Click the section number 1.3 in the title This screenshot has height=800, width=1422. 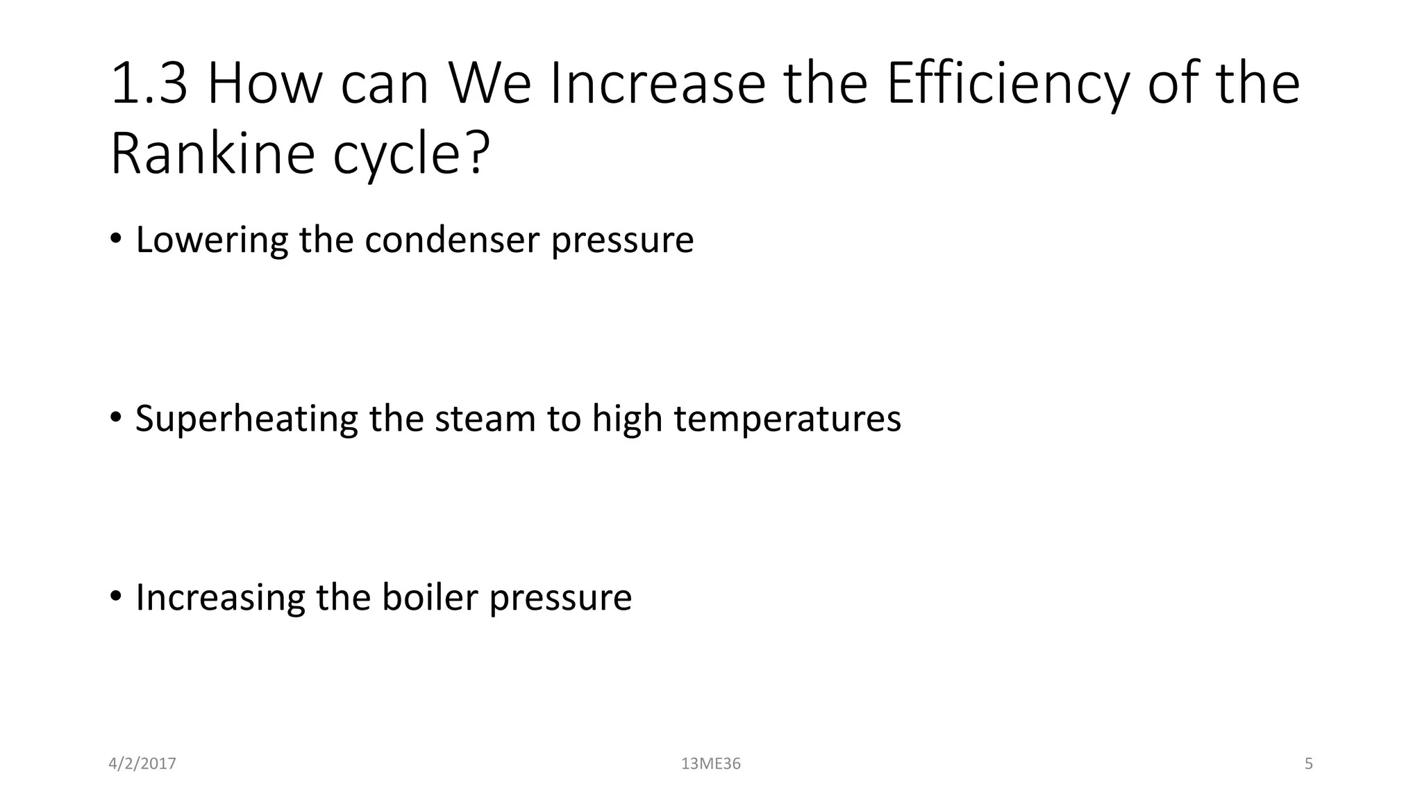149,84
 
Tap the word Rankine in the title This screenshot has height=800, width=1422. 212,153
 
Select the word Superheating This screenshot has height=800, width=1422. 246,419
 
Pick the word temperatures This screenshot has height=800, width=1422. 787,419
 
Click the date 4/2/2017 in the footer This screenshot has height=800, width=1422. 142,764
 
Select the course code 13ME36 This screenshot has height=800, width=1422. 711,764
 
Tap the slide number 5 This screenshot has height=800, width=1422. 1309,764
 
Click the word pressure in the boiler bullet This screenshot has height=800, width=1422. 560,599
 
